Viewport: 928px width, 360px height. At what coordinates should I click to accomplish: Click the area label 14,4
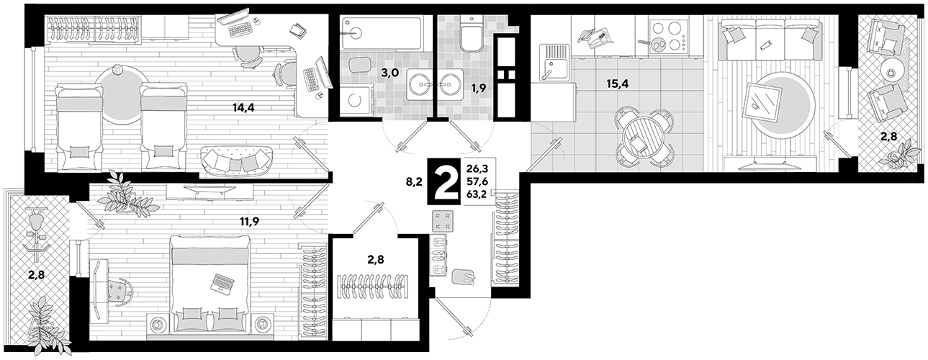(x=243, y=108)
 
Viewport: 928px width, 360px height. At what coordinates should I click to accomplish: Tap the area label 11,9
(x=249, y=222)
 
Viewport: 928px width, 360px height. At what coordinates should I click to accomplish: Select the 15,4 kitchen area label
(x=617, y=84)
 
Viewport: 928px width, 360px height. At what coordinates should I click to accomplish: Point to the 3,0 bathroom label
(x=389, y=73)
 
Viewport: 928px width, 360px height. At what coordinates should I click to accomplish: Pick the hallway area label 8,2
(x=414, y=181)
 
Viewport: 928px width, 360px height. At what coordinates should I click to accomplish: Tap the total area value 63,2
(x=477, y=194)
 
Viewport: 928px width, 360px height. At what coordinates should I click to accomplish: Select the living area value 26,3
(x=477, y=168)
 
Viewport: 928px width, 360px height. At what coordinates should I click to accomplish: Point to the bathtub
(x=382, y=33)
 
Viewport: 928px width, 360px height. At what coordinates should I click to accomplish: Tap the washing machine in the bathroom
(x=356, y=100)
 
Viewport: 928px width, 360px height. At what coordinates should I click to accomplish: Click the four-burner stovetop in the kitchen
(x=667, y=37)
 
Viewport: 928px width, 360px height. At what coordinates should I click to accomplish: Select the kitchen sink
(x=555, y=63)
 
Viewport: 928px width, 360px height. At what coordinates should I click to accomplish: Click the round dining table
(x=644, y=137)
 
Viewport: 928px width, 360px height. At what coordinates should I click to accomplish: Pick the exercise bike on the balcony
(x=36, y=235)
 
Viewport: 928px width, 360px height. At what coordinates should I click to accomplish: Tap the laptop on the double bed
(x=222, y=284)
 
